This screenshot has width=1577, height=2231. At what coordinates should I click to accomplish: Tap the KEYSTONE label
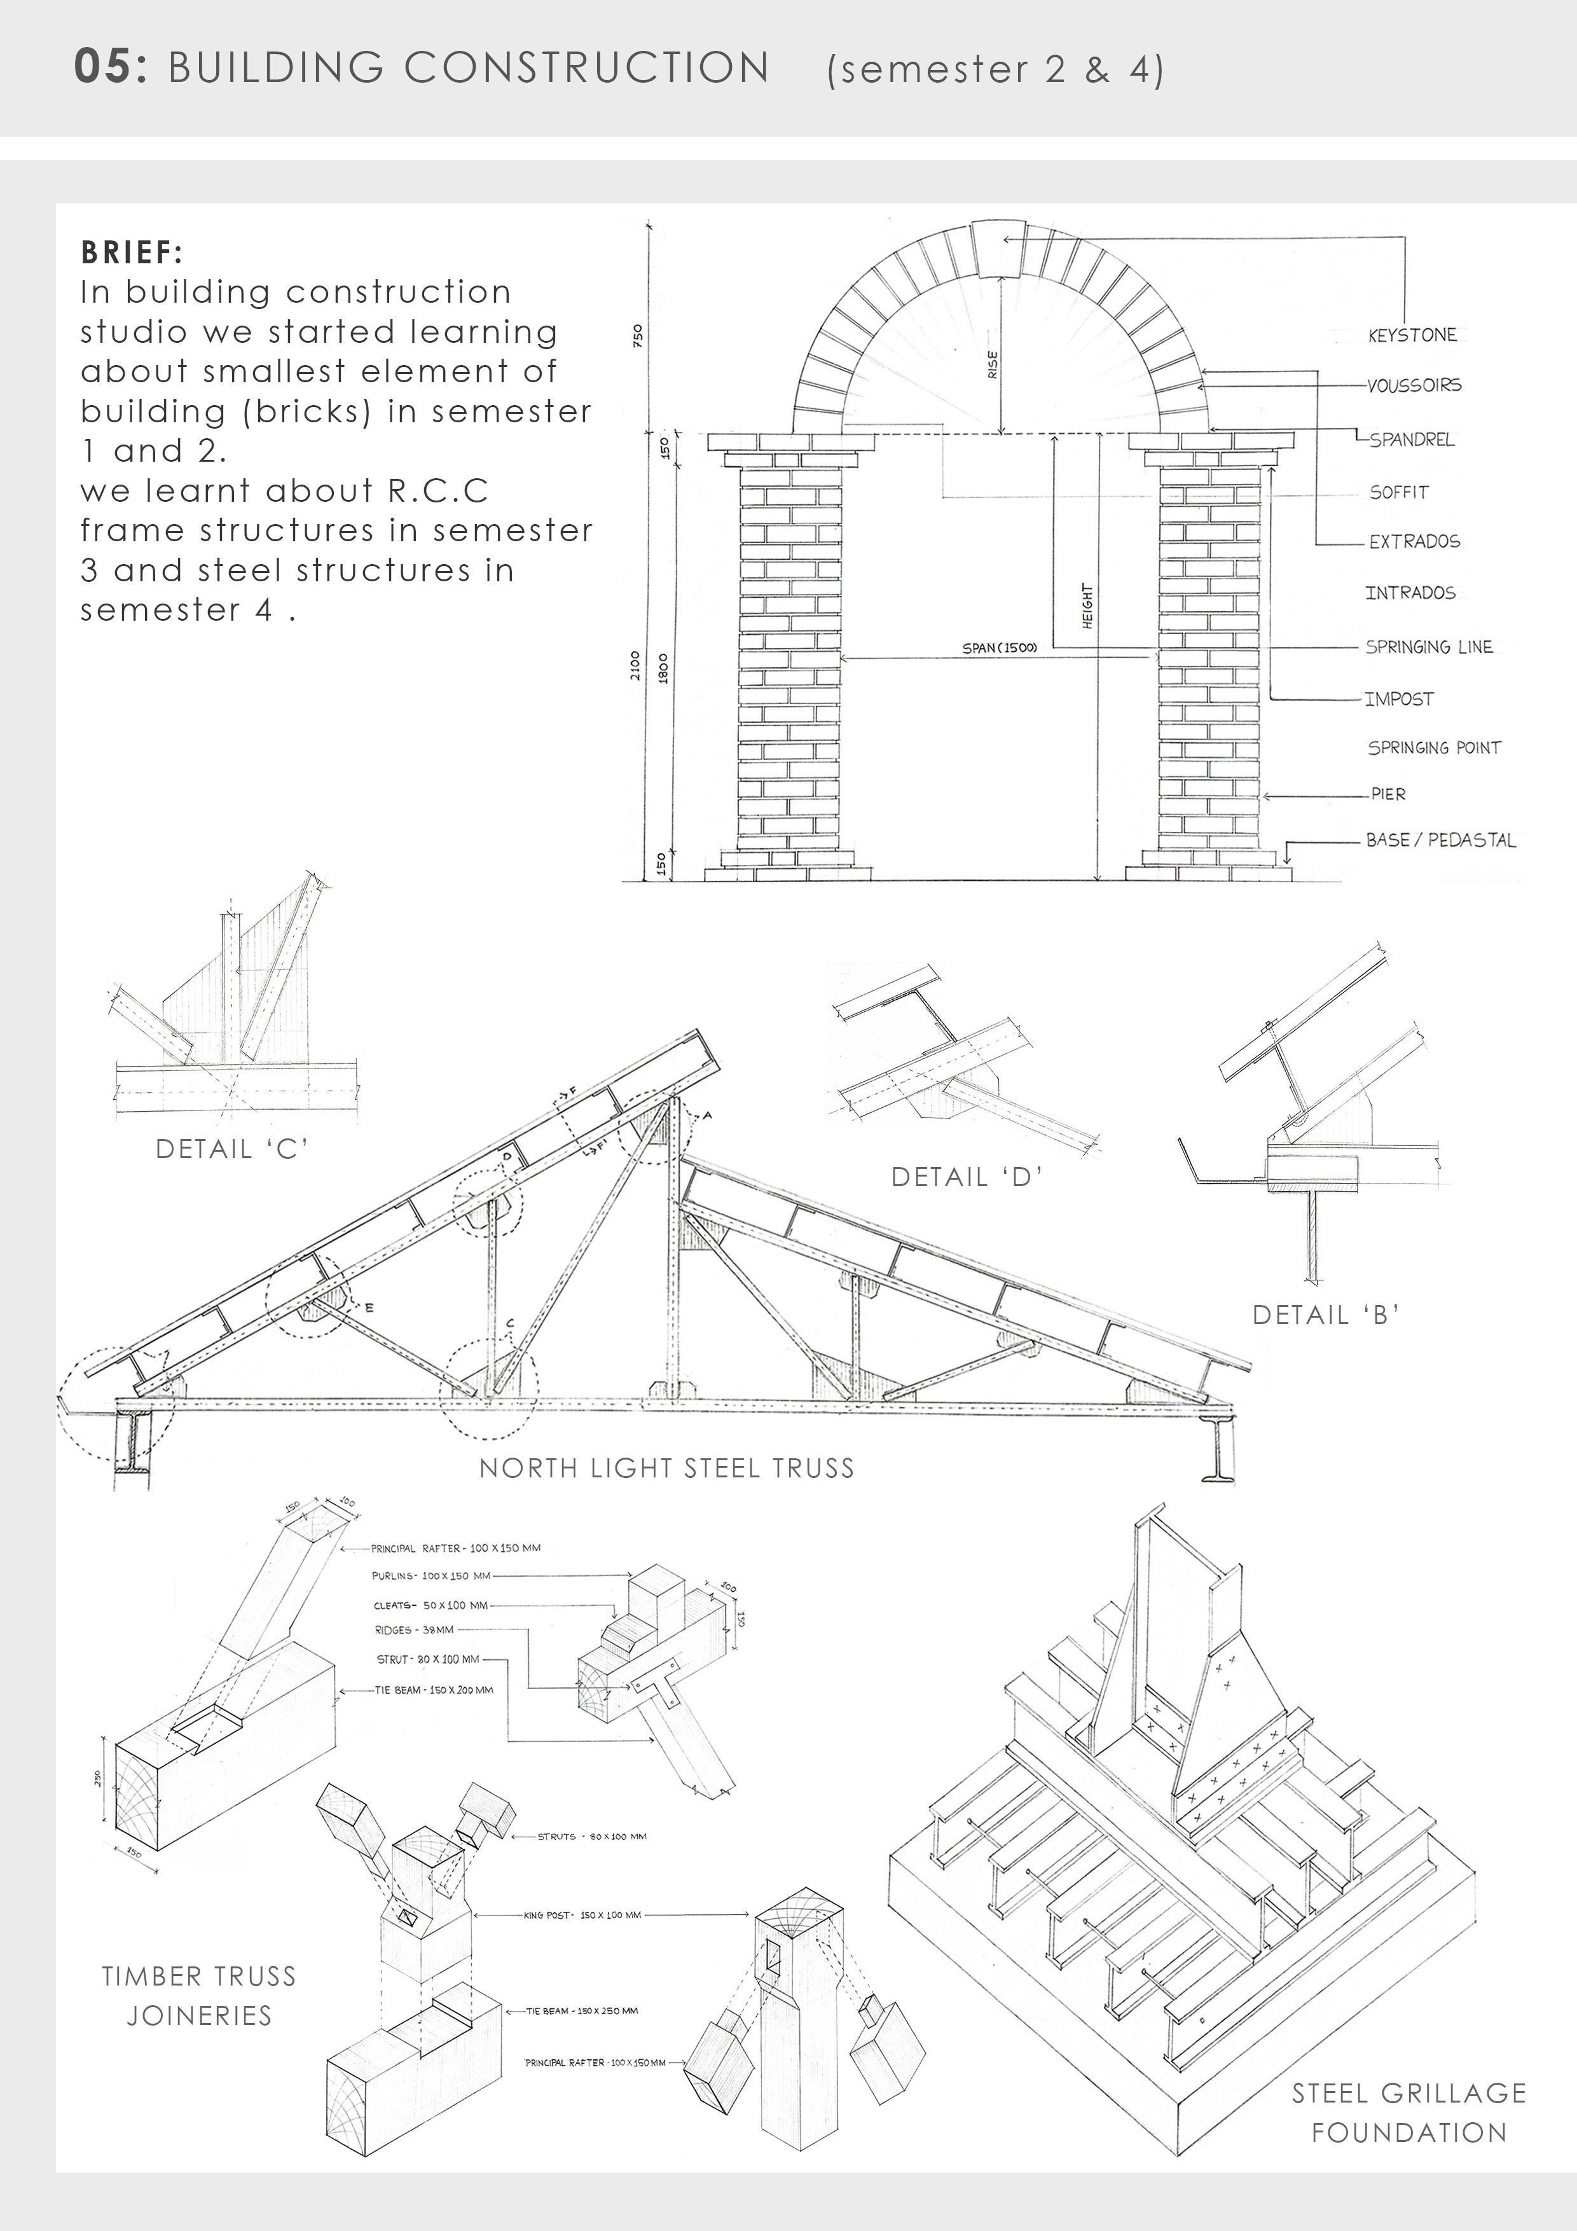click(1412, 335)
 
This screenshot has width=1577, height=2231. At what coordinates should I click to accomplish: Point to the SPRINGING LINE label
click(1428, 647)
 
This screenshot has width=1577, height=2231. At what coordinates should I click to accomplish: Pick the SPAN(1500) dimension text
click(999, 648)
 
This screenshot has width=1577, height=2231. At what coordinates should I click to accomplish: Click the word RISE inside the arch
click(992, 364)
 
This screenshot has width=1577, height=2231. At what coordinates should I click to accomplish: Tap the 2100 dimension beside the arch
click(635, 667)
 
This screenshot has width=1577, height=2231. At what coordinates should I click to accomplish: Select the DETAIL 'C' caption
click(231, 1149)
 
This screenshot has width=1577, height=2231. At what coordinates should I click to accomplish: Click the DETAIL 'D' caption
click(967, 1178)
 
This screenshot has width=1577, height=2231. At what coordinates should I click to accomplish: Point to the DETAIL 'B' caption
click(1325, 1316)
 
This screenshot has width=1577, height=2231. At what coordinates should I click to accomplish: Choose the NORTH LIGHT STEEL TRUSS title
click(666, 1468)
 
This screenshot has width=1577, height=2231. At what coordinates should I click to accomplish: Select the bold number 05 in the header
click(110, 68)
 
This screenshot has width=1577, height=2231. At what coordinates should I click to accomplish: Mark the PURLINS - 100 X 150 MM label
click(430, 1576)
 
